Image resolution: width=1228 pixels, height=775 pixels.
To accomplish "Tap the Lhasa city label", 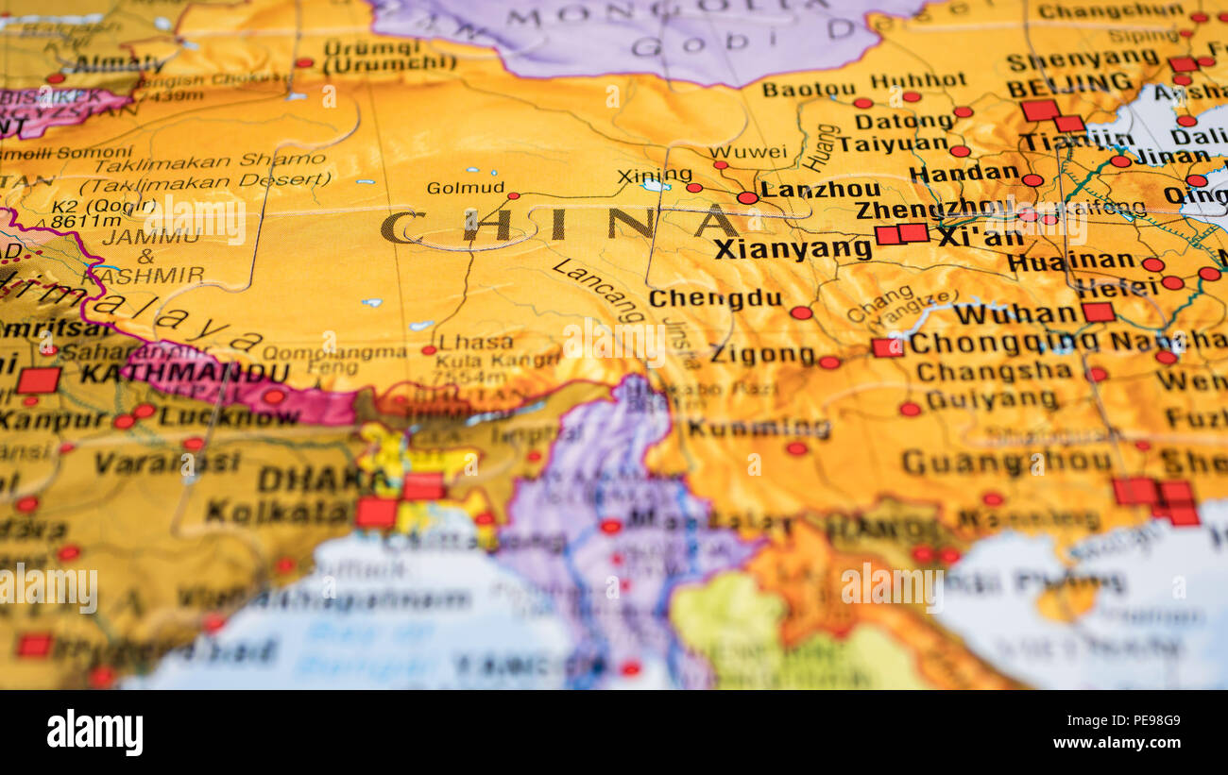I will pos(476,342).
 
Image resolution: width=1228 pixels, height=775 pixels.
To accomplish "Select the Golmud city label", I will pos(465,187).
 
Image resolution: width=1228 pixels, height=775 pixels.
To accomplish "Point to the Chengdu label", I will pos(715,298).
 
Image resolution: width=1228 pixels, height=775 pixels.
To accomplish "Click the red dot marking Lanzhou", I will pos(746,197).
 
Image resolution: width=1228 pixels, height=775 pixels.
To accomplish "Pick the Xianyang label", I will pos(792,249).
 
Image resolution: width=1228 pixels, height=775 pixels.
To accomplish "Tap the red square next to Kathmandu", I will pos(39,379).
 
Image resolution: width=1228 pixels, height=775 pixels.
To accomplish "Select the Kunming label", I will pos(759,428).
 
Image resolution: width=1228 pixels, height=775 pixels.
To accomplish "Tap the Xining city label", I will pos(654,175).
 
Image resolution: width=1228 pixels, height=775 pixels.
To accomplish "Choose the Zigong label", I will pos(761,356).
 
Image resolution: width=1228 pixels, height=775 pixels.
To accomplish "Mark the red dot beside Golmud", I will pos(513,196).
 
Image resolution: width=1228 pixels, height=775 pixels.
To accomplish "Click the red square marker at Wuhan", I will pos(1098,312).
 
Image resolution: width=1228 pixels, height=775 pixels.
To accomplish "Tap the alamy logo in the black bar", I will pos(94,733).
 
